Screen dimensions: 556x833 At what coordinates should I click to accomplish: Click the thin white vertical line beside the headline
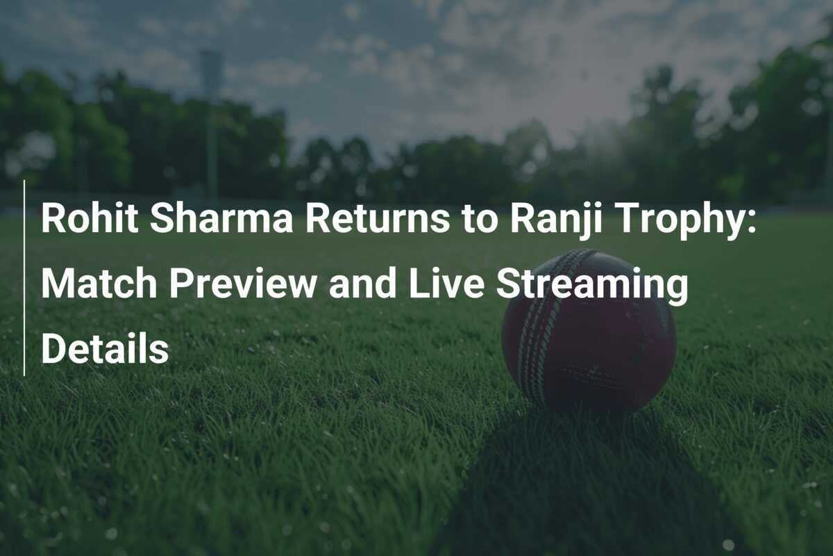[x=24, y=278]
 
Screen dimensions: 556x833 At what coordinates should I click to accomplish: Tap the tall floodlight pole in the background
[x=211, y=125]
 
